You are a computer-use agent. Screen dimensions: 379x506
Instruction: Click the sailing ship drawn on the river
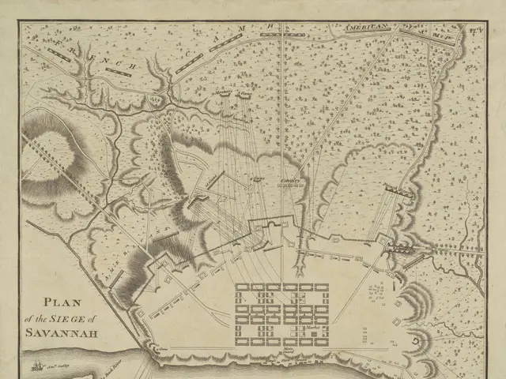click(38, 365)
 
